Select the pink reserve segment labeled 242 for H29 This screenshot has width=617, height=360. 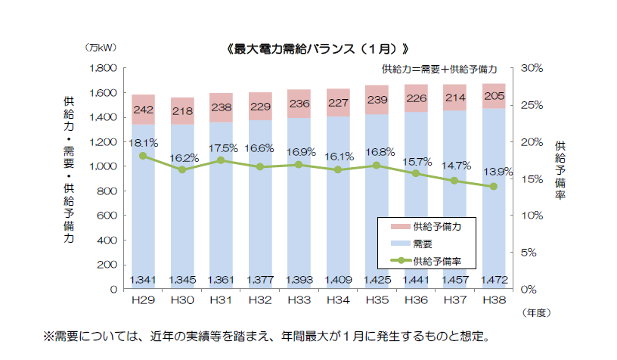click(143, 110)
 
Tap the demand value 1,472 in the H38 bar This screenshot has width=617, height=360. click(494, 281)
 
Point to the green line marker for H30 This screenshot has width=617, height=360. click(182, 170)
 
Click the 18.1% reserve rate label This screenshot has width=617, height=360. click(143, 142)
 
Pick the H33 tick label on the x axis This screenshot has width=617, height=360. click(299, 300)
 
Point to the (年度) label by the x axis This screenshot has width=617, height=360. click(536, 311)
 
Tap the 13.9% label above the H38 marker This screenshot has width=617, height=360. click(494, 172)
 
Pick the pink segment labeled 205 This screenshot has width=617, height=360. click(494, 96)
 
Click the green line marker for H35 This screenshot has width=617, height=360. click(377, 165)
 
